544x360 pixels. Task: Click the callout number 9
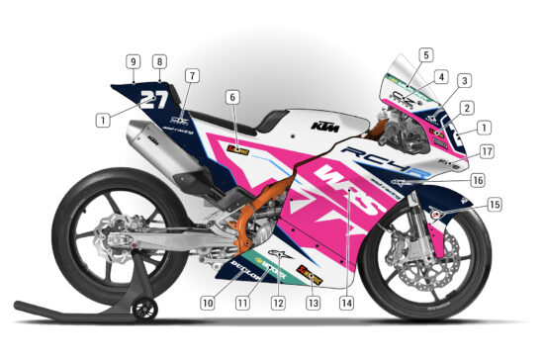pyautogui.click(x=132, y=61)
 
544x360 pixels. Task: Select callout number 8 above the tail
pyautogui.click(x=159, y=61)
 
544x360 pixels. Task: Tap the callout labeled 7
pyautogui.click(x=192, y=75)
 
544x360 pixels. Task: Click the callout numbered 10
pyautogui.click(x=208, y=303)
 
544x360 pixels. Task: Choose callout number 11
pyautogui.click(x=241, y=303)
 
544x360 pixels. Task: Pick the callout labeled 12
pyautogui.click(x=279, y=303)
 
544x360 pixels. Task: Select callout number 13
pyautogui.click(x=314, y=303)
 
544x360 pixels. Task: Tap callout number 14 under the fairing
pyautogui.click(x=346, y=303)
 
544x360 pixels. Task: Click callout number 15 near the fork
pyautogui.click(x=494, y=205)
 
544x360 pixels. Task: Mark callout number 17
pyautogui.click(x=486, y=151)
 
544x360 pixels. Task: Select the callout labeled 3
pyautogui.click(x=464, y=80)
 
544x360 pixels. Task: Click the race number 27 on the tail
pyautogui.click(x=152, y=98)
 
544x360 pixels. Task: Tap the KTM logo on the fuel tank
pyautogui.click(x=318, y=126)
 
